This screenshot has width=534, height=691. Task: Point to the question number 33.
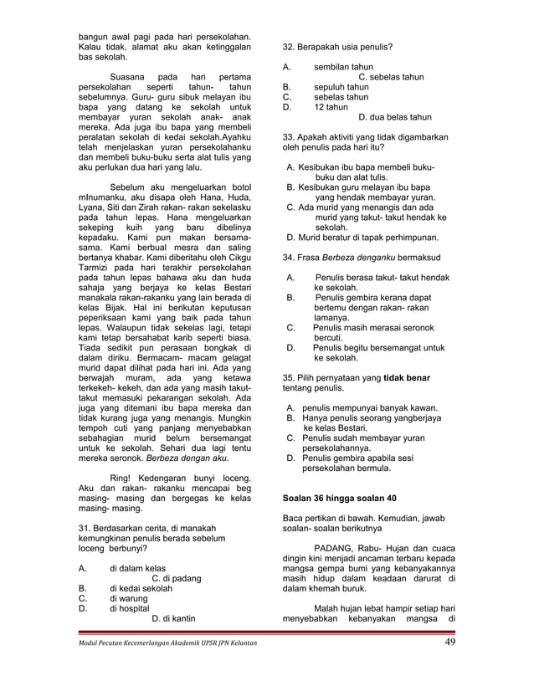[290, 136]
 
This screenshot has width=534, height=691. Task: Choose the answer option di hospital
[132, 610]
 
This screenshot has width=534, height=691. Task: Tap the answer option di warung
[130, 599]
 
